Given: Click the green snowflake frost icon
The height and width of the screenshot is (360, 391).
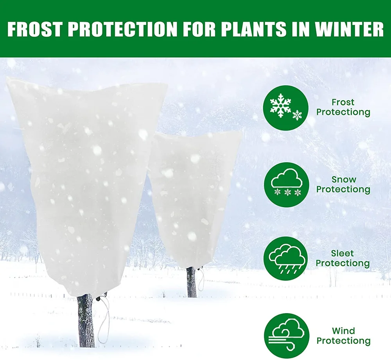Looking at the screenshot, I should point(287,108).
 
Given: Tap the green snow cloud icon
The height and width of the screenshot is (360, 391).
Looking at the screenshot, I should point(287,184).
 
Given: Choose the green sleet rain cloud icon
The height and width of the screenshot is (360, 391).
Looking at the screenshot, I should point(287,259).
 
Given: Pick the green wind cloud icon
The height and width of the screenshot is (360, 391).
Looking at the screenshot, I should point(287,335).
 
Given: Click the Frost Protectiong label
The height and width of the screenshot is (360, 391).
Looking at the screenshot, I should point(343,107).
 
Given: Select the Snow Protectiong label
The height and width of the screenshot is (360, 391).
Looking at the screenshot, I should point(343,184).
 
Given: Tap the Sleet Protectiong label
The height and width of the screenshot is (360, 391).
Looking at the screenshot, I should point(343,258).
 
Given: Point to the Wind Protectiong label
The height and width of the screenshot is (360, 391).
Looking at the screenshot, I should point(343,336).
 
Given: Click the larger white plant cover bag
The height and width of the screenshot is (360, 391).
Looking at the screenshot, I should point(86,176).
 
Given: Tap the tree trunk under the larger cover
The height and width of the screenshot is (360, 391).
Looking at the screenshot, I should point(86,321).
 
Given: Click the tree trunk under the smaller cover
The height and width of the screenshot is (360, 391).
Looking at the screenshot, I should point(191,282).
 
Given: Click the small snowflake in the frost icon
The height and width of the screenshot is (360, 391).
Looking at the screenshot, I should point(297,115).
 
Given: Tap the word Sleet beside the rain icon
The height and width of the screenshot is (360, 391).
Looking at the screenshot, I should point(343,254).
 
